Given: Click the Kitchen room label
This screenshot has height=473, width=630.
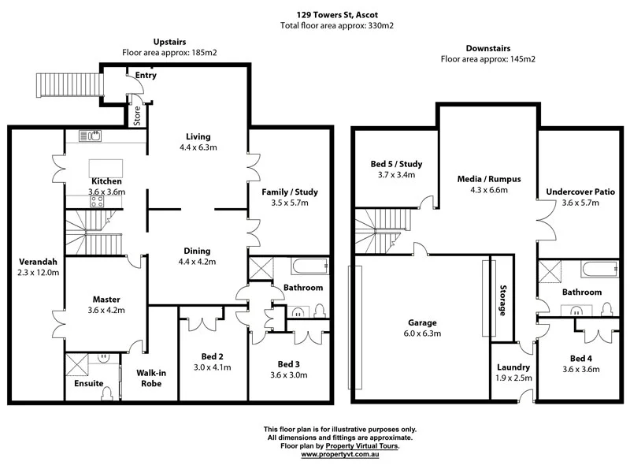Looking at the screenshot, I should (x=106, y=181).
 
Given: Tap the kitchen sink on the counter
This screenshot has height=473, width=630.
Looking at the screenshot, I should (x=92, y=136).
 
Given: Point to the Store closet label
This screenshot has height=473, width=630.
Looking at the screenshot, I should (x=136, y=117).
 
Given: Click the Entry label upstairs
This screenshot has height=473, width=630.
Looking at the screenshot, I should (x=146, y=76).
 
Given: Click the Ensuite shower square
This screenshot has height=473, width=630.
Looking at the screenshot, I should (x=79, y=365).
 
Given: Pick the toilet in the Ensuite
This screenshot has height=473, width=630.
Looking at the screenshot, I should (x=107, y=393).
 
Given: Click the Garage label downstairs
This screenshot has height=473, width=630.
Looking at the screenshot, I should (x=422, y=322).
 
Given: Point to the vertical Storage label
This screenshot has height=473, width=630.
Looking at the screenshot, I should (x=501, y=300).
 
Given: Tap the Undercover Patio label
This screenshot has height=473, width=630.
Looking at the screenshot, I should (x=580, y=192).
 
